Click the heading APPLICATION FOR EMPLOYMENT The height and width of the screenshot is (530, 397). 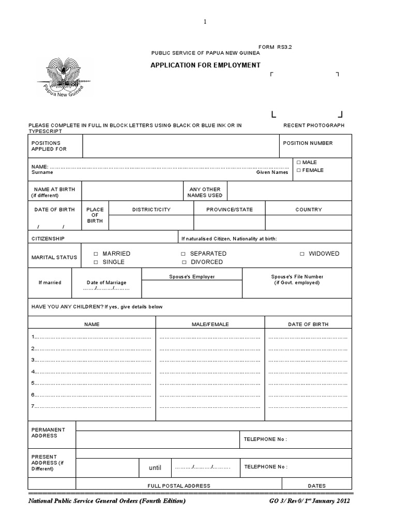click(205, 65)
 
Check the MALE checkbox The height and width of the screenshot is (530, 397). click(298, 163)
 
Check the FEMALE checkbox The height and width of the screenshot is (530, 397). click(298, 170)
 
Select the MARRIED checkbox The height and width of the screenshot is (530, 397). click(96, 254)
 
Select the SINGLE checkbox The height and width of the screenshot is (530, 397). click(96, 262)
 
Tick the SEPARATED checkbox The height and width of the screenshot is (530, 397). click(183, 254)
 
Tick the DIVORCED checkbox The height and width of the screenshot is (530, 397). click(183, 262)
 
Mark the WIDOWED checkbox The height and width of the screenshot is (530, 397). click(302, 254)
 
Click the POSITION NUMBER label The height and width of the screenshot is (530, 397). click(308, 143)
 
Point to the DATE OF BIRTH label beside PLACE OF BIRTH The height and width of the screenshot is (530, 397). click(54, 210)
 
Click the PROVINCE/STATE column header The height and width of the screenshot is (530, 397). click(230, 210)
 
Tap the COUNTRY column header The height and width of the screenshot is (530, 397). click(309, 210)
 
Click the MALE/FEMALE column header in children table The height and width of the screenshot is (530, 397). click(210, 325)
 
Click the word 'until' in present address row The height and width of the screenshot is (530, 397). click(155, 468)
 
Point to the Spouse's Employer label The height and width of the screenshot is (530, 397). click(192, 277)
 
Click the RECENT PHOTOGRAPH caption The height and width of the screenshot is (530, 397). click(314, 126)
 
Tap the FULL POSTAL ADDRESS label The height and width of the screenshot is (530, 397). click(179, 486)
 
